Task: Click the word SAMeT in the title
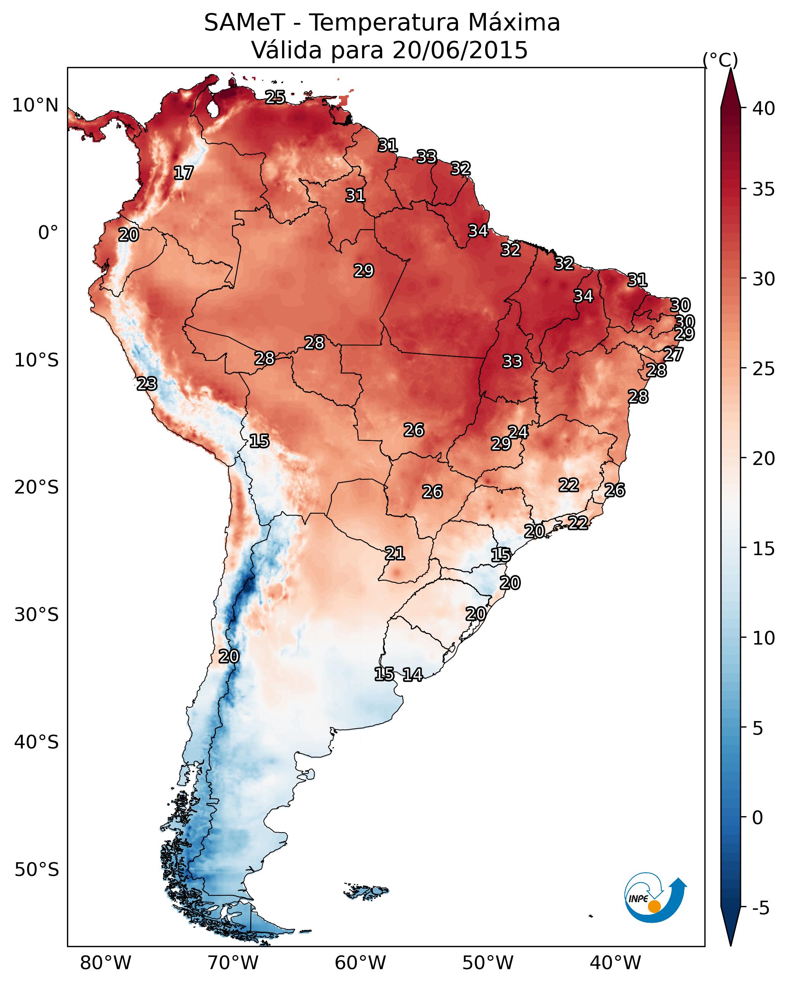point(244,23)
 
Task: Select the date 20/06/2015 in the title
point(460,50)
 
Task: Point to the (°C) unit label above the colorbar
point(720,60)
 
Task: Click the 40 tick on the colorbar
point(764,108)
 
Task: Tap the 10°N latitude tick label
point(35,105)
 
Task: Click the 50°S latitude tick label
point(37,870)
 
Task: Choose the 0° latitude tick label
point(48,233)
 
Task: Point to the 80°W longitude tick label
point(105,963)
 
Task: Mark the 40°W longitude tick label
point(615,963)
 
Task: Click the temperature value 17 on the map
point(184,173)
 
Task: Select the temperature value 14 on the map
point(412,675)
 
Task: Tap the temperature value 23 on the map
point(147,384)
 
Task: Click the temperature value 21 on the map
point(394,554)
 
